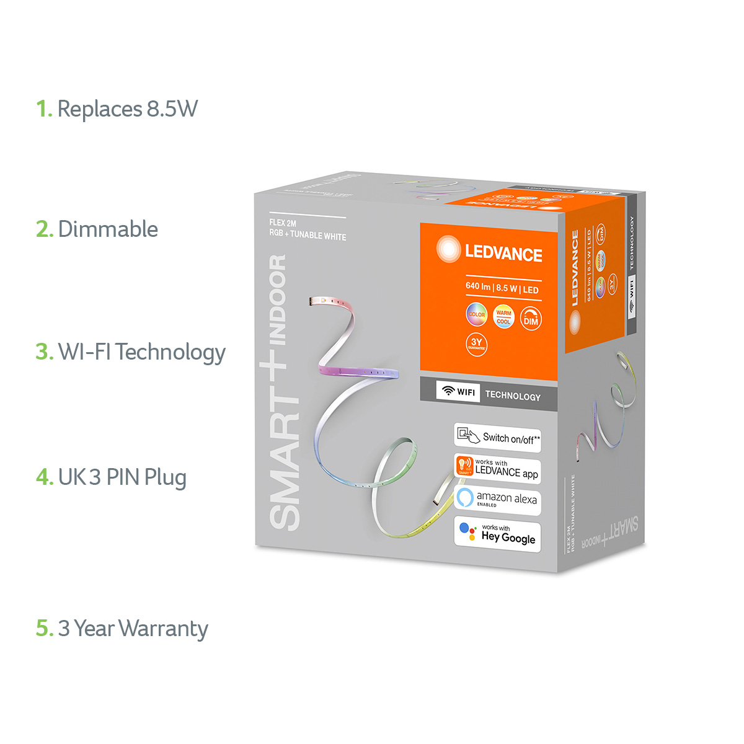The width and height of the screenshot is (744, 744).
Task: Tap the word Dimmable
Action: click(108, 229)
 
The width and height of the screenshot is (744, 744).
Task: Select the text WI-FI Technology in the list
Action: click(142, 352)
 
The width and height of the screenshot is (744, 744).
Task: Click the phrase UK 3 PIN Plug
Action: click(122, 477)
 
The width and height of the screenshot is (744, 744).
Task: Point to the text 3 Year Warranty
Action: click(133, 629)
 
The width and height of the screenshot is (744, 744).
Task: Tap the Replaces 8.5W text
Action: click(128, 110)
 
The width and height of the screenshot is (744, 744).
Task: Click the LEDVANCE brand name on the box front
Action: click(503, 254)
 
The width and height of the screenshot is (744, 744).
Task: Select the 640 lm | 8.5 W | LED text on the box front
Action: click(502, 288)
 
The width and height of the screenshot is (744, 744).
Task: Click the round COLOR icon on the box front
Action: click(477, 315)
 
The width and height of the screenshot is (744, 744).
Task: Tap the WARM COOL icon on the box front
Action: click(503, 317)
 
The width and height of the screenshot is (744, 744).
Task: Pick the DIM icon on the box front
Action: click(531, 319)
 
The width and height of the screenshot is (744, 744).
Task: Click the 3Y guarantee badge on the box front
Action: click(476, 344)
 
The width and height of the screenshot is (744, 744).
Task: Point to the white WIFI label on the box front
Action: click(458, 392)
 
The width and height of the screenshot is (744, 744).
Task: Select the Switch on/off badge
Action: click(498, 438)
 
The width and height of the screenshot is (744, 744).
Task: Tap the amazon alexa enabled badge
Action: click(498, 500)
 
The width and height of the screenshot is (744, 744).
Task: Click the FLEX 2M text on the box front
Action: click(283, 223)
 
